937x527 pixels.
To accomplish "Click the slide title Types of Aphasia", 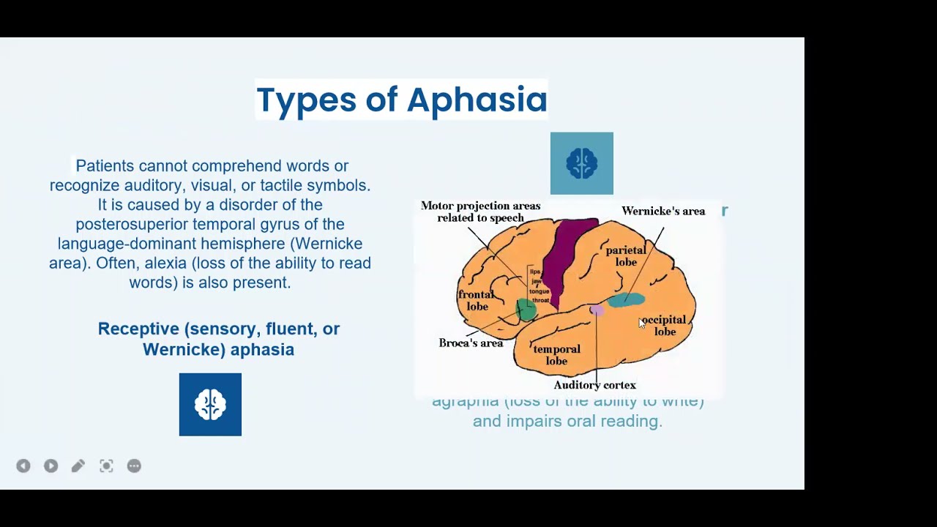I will [401, 100].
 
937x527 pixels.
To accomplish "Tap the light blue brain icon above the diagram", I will [581, 163].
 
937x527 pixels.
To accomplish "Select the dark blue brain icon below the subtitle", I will [210, 404].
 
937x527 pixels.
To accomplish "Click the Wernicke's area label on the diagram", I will [662, 212].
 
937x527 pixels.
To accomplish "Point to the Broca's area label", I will [471, 343].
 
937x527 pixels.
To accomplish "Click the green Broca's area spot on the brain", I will [526, 310].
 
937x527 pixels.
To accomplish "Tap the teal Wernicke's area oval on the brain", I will [627, 299].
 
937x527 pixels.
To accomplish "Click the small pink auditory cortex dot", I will [597, 310].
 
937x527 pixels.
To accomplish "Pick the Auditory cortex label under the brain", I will [594, 385].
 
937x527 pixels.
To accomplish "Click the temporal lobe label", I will [556, 355].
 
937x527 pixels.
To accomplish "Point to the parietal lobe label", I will [626, 256].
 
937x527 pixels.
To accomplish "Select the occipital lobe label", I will [665, 326].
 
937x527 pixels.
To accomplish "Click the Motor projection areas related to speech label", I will [480, 212].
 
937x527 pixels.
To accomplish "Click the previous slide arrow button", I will [23, 466].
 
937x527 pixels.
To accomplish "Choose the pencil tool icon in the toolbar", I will [78, 466].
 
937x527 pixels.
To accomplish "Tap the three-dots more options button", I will [134, 466].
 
